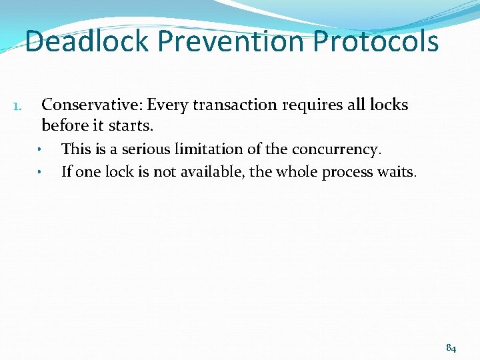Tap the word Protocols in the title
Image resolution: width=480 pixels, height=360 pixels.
tap(376, 41)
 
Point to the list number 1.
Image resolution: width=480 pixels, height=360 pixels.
tap(19, 106)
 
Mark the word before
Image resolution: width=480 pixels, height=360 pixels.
tap(65, 125)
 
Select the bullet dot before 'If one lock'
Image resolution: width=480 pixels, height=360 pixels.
tap(40, 173)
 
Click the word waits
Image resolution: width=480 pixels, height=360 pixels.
tap(399, 172)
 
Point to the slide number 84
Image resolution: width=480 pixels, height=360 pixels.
tap(451, 347)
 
